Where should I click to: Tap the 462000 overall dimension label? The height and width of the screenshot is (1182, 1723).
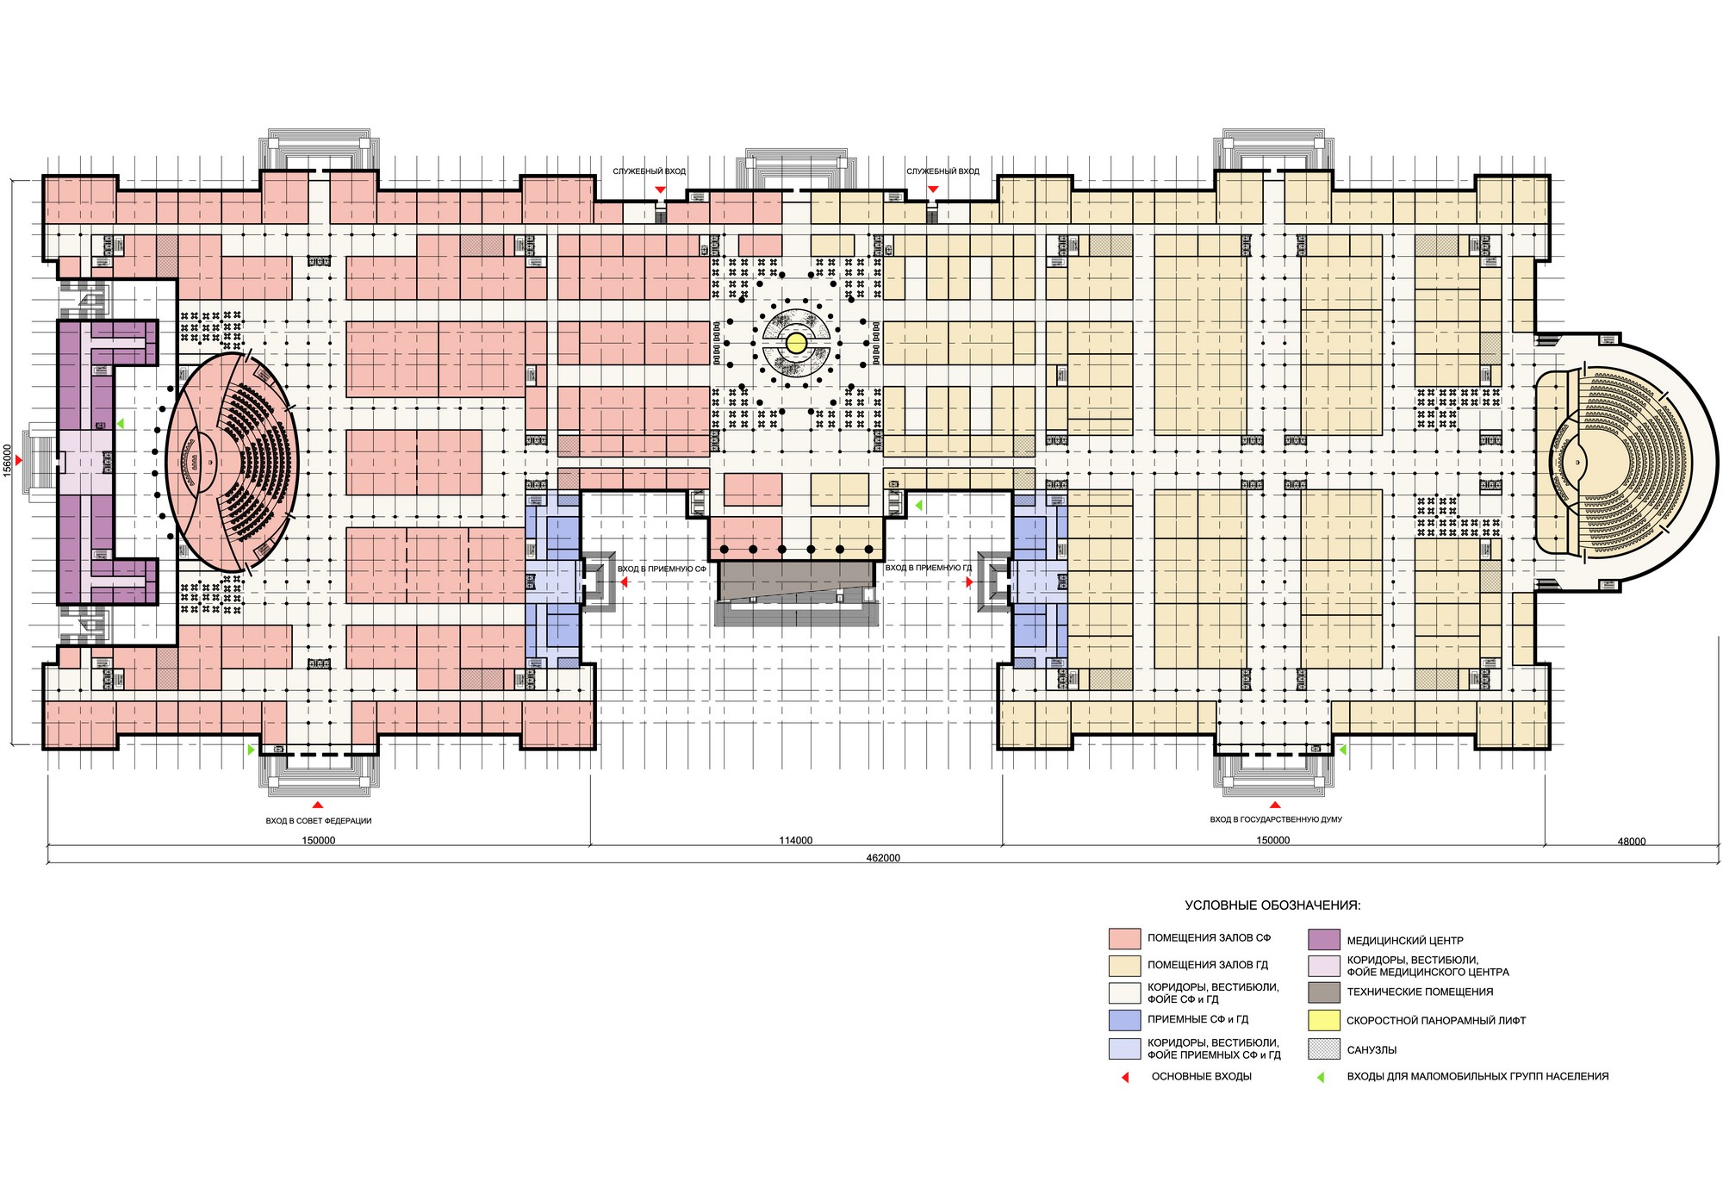point(883,858)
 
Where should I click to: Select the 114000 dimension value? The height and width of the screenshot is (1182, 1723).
point(795,841)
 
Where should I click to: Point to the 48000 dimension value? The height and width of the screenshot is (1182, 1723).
point(1631,842)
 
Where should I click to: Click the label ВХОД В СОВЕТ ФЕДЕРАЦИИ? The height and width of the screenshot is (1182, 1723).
point(319,821)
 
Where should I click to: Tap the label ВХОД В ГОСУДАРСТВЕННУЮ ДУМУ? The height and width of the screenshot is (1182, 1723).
point(1276,819)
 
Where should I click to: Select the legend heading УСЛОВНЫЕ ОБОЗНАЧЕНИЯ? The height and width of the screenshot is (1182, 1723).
point(1272,905)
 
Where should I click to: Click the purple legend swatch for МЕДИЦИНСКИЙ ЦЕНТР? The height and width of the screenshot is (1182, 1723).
point(1324,940)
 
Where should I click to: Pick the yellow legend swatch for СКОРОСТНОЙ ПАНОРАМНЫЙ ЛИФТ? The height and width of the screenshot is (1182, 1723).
point(1324,1020)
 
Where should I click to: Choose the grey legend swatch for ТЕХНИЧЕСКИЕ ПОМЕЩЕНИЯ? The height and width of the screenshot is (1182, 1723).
point(1324,992)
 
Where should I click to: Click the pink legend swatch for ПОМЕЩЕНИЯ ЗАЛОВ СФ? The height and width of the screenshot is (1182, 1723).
point(1125,938)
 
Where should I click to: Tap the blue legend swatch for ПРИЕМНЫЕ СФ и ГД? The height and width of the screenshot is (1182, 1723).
point(1125,1020)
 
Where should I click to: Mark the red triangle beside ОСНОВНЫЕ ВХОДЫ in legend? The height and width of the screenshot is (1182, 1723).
point(1125,1077)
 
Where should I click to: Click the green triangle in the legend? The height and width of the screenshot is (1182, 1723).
point(1321,1077)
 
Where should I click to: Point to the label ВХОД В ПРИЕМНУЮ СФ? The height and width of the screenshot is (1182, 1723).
point(662,569)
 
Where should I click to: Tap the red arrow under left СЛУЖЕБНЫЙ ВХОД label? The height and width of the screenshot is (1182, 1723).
point(660,190)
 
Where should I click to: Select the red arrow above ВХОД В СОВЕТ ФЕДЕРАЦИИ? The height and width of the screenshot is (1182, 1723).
point(319,805)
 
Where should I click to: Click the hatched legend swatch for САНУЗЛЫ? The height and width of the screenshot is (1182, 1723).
point(1324,1049)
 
